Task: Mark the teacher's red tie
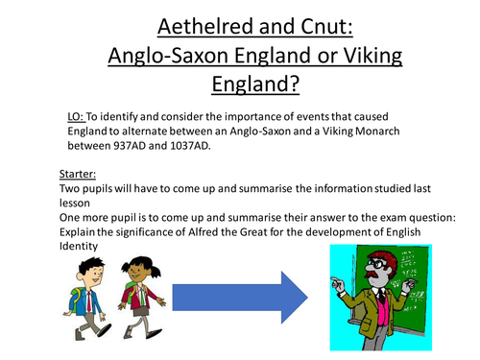coord(386,305)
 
